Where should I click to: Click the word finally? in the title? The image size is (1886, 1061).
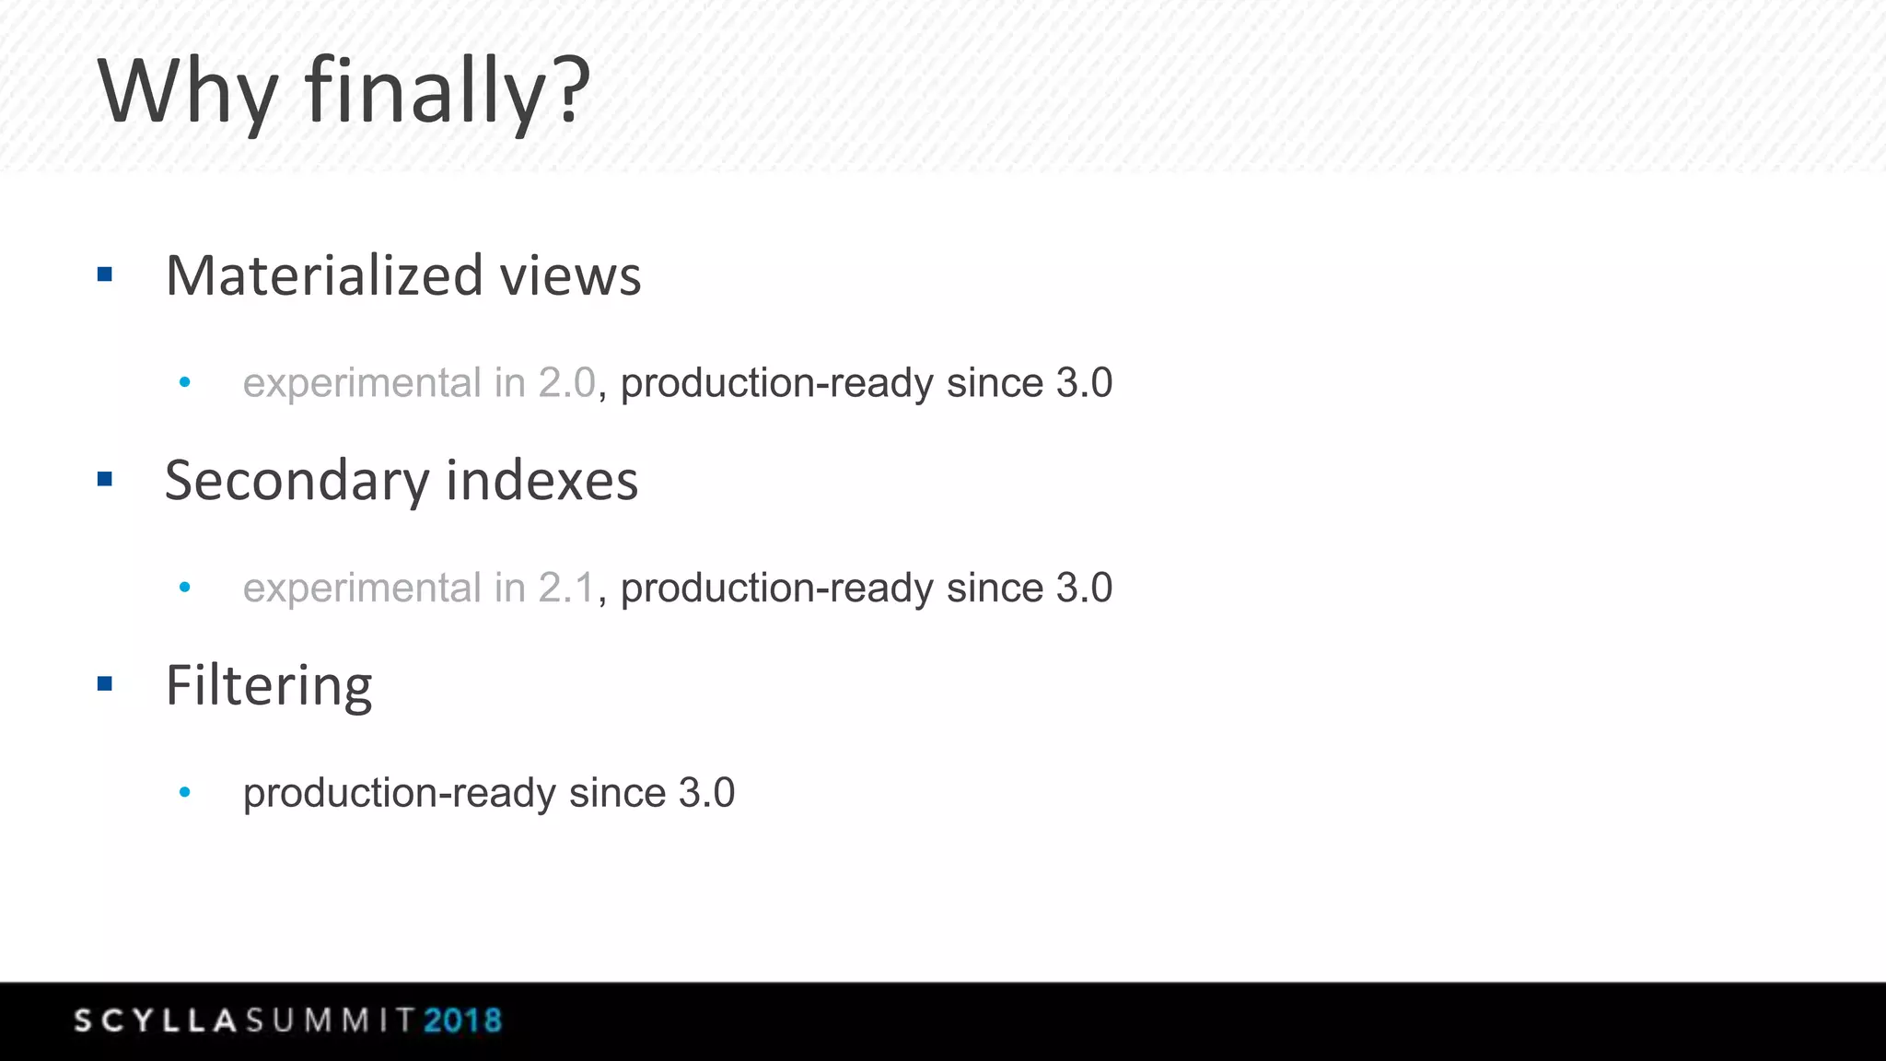click(448, 92)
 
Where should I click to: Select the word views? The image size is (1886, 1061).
click(570, 275)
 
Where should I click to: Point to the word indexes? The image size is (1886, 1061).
click(541, 481)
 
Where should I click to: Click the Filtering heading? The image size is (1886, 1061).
click(269, 686)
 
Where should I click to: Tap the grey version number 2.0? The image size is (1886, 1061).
click(567, 383)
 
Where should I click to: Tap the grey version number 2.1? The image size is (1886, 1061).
click(567, 588)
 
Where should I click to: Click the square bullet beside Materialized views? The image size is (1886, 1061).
click(105, 274)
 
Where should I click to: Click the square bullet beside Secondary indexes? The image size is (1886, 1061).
click(105, 479)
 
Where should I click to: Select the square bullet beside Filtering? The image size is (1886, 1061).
click(105, 683)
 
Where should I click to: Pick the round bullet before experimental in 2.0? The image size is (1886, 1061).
click(185, 382)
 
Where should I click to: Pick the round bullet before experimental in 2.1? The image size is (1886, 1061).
click(185, 587)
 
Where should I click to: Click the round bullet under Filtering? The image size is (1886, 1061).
click(185, 792)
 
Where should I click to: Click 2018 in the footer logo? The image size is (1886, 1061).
click(463, 1020)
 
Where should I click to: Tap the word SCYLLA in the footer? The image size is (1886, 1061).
click(157, 1020)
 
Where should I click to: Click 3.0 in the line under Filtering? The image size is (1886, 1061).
click(706, 793)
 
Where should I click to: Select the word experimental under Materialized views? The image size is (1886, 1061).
click(362, 383)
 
